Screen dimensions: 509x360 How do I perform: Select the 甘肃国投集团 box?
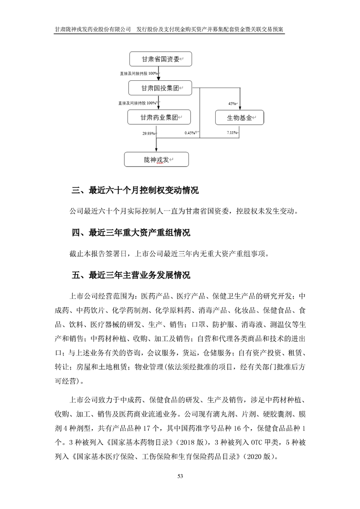(x=158, y=88)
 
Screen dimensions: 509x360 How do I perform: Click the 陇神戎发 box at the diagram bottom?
(x=156, y=160)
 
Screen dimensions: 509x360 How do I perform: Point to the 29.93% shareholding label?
(x=148, y=133)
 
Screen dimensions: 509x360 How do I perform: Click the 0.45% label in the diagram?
(x=190, y=133)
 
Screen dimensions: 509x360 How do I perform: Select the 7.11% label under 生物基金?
(x=232, y=132)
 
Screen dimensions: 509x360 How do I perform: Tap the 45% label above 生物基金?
(x=232, y=104)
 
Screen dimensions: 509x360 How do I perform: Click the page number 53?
(x=180, y=476)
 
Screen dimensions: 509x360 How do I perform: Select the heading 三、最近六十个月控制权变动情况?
(x=135, y=191)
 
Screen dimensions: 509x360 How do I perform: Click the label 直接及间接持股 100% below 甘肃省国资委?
(x=138, y=73)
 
